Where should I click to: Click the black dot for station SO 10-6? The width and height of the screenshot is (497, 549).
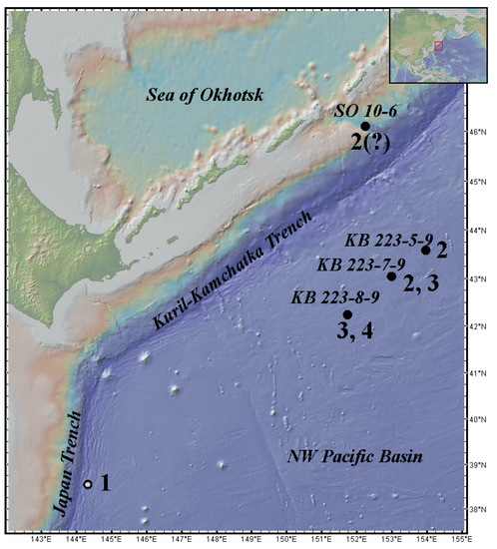[365, 127]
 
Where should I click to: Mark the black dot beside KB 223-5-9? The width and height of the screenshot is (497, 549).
[426, 250]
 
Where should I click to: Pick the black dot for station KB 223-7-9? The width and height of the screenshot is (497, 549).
[391, 276]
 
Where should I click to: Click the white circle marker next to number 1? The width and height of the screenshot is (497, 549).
[89, 484]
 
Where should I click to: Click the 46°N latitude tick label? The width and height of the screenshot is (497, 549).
[482, 132]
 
